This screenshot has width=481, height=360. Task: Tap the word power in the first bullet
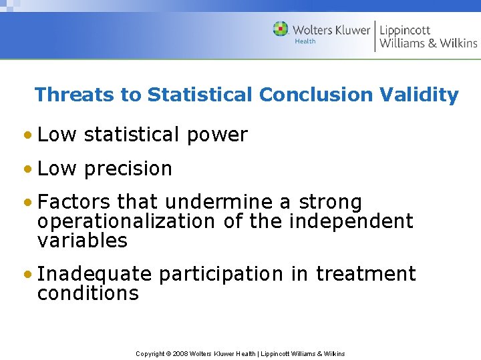(217, 135)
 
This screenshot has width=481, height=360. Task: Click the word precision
(128, 169)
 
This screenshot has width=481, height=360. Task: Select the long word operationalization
(126, 221)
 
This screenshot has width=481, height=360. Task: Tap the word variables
(82, 241)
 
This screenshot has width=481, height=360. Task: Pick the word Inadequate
(95, 274)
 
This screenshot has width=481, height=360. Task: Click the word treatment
(365, 274)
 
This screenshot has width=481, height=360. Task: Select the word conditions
(88, 293)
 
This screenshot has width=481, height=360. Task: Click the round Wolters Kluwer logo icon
(281, 29)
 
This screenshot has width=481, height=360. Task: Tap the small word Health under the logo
(305, 41)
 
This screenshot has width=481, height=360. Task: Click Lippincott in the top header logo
(406, 30)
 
